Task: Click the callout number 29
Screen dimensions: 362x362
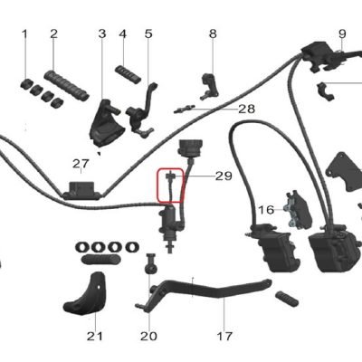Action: pyautogui.click(x=224, y=176)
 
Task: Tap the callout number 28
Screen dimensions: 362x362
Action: pyautogui.click(x=246, y=109)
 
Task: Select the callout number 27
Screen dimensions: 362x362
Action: pyautogui.click(x=81, y=164)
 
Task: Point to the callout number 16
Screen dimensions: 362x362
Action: pyautogui.click(x=266, y=209)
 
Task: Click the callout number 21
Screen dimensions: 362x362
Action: pyautogui.click(x=95, y=336)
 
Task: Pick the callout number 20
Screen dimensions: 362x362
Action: pyautogui.click(x=148, y=336)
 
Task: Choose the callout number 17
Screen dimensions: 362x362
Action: pyautogui.click(x=224, y=336)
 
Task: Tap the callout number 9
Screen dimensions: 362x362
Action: pyautogui.click(x=342, y=33)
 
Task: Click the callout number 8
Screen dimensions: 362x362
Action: pyautogui.click(x=213, y=33)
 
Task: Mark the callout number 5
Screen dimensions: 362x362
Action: pyautogui.click(x=148, y=33)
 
